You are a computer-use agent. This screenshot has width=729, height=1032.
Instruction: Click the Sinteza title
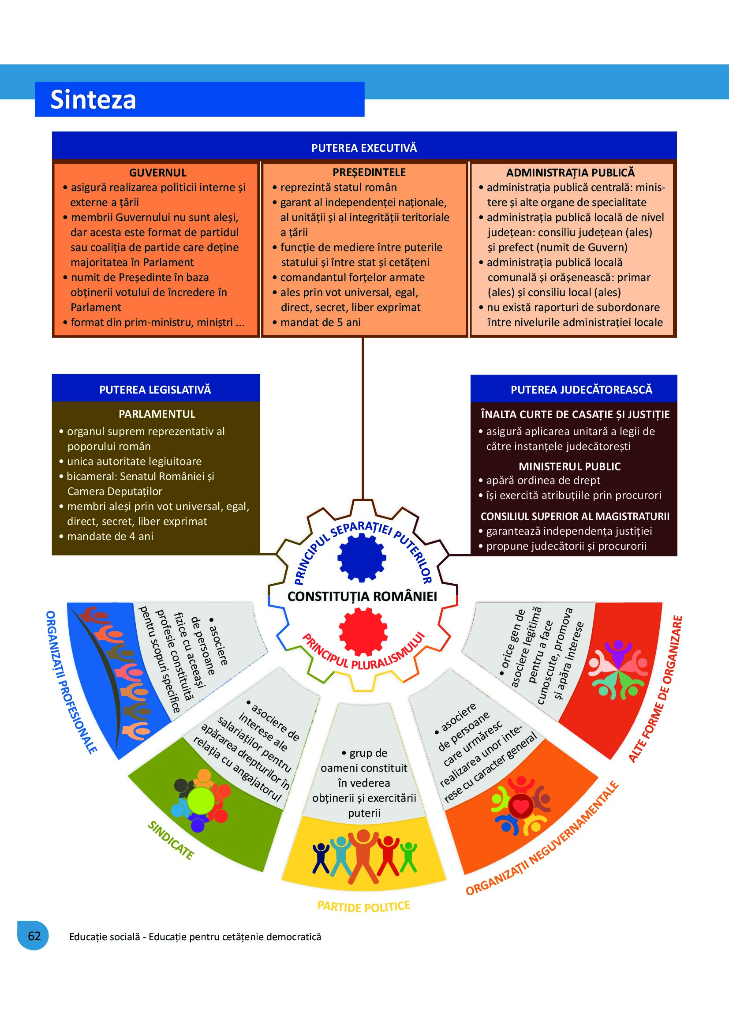(x=93, y=99)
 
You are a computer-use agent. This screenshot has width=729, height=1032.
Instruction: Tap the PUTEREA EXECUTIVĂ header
(x=364, y=148)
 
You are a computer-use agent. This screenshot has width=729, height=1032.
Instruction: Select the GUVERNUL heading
(x=157, y=173)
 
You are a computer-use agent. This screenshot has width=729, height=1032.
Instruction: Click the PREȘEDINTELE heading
(x=369, y=172)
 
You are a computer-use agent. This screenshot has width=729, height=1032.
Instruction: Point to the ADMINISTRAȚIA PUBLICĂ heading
(x=570, y=173)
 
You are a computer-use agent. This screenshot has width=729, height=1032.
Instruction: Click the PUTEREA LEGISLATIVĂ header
(x=155, y=389)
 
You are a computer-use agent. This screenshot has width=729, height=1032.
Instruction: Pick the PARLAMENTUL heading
(x=157, y=414)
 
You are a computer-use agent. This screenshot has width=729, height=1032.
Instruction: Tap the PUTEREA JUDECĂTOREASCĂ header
(x=581, y=389)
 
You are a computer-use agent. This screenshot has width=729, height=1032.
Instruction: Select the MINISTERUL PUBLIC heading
(x=569, y=466)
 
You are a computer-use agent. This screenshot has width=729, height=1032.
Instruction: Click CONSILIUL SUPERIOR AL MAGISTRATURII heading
(x=575, y=516)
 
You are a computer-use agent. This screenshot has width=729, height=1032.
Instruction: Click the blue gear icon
(x=362, y=557)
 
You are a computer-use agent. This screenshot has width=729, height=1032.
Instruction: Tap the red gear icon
(x=363, y=631)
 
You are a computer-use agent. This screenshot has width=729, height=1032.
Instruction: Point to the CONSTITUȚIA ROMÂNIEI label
(x=362, y=597)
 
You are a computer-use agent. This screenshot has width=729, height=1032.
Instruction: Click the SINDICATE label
(x=171, y=840)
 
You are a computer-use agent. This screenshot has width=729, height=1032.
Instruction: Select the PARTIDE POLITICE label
(x=364, y=906)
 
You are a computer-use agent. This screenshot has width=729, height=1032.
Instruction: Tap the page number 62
(x=34, y=935)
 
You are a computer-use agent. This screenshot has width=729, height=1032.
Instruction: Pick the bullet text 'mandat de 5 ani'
(x=320, y=322)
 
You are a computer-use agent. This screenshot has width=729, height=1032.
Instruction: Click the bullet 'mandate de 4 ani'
(x=110, y=536)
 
